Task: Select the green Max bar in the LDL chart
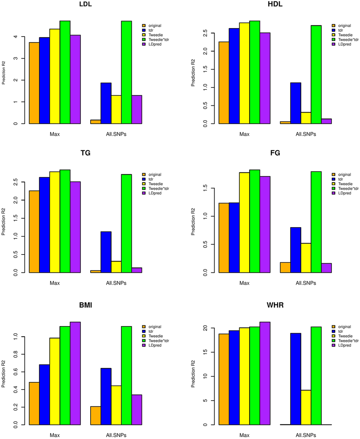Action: pyautogui.click(x=65, y=72)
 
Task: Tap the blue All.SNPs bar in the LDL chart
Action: pyautogui.click(x=106, y=103)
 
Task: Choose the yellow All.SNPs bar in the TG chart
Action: pyautogui.click(x=116, y=267)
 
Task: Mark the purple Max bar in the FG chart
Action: pyautogui.click(x=265, y=224)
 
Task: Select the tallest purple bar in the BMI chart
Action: pyautogui.click(x=75, y=373)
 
